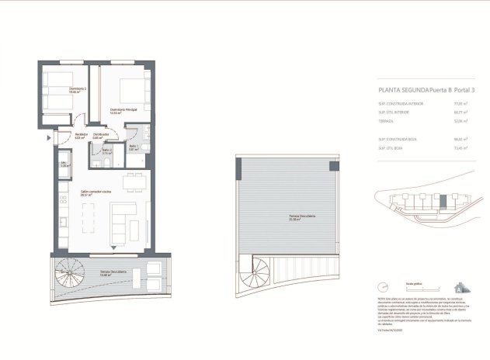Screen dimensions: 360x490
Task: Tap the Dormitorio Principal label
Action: tap(123, 110)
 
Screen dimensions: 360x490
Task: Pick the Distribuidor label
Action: tap(101, 136)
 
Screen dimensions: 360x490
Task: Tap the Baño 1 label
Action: tap(133, 147)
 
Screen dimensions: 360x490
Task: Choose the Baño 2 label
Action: tap(107, 151)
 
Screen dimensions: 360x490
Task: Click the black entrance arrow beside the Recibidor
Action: tap(50, 137)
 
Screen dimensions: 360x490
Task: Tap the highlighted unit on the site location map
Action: tap(443, 201)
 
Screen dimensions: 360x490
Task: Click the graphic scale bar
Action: tap(404, 288)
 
